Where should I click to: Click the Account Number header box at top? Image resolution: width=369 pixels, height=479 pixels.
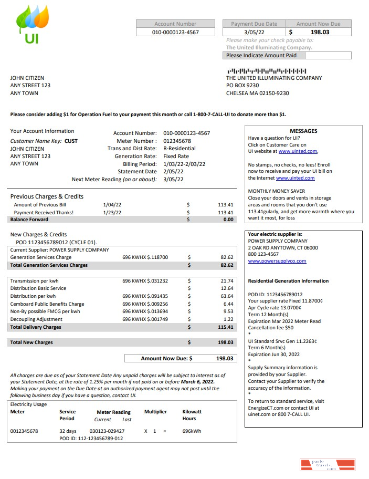(175, 24)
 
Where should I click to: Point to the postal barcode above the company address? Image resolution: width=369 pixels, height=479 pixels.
(267, 71)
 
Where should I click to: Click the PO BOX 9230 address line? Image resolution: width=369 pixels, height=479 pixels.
(243, 85)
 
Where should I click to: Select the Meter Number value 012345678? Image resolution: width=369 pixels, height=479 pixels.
(177, 141)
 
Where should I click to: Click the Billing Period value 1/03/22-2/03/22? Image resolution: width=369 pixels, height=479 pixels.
(184, 164)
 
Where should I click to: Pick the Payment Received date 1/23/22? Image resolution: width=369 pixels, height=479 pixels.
(112, 212)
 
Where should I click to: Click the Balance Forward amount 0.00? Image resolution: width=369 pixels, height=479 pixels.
(228, 220)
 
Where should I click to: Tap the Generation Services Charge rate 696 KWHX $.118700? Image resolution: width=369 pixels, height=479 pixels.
(145, 257)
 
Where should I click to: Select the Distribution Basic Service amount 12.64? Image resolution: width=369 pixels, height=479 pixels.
(227, 288)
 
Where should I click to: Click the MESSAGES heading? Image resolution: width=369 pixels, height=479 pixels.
(303, 131)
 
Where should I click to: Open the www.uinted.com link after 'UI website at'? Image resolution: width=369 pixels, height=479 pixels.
(298, 151)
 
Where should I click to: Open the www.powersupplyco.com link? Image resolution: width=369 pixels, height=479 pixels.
(277, 261)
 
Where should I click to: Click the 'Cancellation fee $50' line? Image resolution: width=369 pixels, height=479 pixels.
(271, 327)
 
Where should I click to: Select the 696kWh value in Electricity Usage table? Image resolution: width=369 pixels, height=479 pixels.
(192, 431)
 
